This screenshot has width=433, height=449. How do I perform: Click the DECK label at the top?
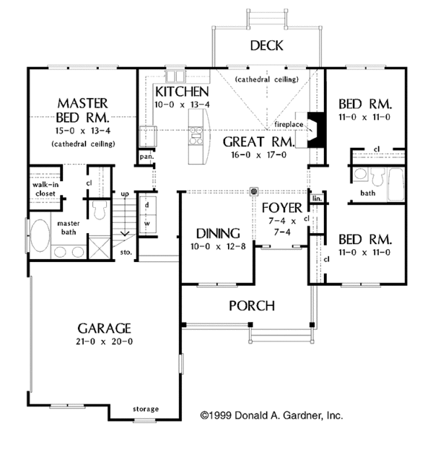pos(266,46)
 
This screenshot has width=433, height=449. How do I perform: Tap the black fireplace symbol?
pos(313,130)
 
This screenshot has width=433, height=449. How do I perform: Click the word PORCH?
pos(251,305)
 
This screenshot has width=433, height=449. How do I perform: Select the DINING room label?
pos(218,233)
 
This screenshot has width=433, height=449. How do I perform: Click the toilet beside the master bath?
pos(100,209)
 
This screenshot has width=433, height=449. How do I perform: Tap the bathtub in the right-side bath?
pos(394,184)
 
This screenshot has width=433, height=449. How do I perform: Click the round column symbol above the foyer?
pos(254,192)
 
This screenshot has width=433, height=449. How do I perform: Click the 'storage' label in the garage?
pos(146,409)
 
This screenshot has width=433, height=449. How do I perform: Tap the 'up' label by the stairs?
pos(124,194)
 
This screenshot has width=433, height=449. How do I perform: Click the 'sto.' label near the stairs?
pos(126,253)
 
